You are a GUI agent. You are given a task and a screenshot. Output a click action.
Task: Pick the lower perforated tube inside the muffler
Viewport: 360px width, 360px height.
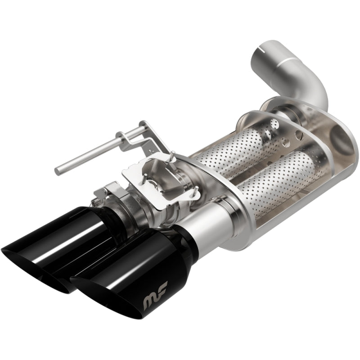point(270,180)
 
